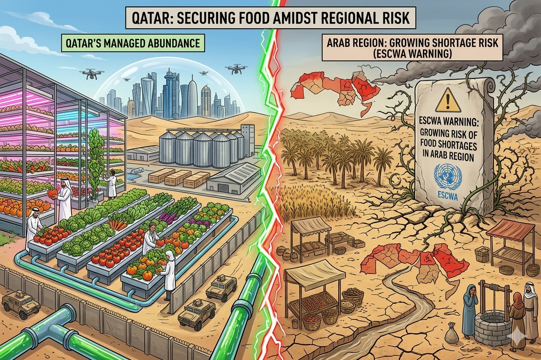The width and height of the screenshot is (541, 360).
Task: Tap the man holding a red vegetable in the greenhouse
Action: tap(63, 201)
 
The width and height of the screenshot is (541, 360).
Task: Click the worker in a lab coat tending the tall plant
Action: tap(111, 184)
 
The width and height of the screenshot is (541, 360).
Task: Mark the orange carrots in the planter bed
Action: tap(118, 223)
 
